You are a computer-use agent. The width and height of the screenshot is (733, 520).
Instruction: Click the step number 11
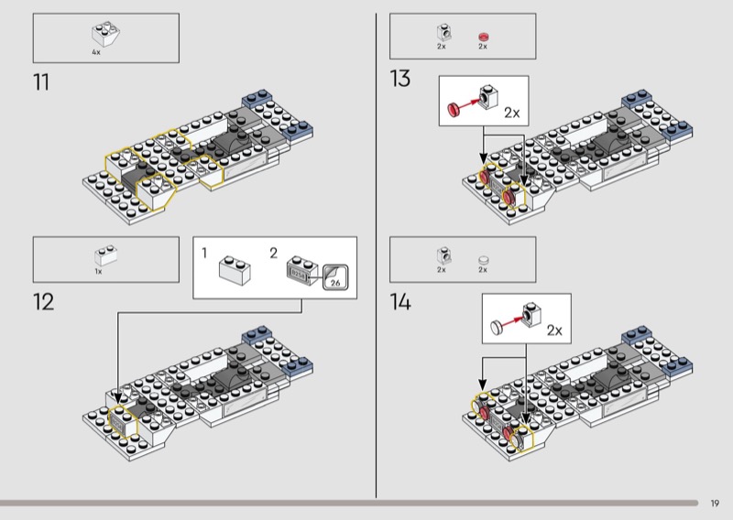click(x=41, y=82)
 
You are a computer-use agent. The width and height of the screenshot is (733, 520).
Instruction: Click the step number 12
click(x=43, y=302)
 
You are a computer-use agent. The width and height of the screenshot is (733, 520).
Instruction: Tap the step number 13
click(x=399, y=79)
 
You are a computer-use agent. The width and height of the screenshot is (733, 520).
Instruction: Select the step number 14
click(x=400, y=302)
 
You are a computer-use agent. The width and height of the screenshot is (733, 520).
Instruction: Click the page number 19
click(x=715, y=503)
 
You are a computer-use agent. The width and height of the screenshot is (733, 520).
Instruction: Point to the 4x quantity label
click(x=96, y=52)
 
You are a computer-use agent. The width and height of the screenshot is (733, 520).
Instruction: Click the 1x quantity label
click(x=98, y=271)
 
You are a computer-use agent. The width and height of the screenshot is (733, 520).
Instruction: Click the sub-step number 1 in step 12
click(x=205, y=251)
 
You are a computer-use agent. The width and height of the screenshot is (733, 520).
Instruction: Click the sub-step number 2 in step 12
click(x=273, y=251)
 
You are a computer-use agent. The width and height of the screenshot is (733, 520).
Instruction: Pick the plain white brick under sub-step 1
click(x=234, y=269)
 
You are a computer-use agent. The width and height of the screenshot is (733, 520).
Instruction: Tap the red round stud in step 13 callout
click(x=452, y=111)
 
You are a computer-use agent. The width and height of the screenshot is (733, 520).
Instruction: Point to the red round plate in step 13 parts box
click(x=484, y=37)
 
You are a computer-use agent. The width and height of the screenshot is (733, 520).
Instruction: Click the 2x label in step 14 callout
click(x=553, y=330)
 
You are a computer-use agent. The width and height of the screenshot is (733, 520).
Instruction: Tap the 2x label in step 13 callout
click(x=511, y=114)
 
